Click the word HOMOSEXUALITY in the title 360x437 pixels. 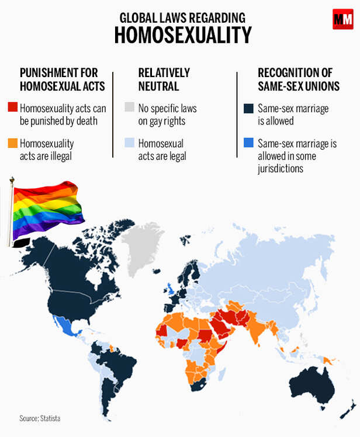pyautogui.click(x=182, y=35)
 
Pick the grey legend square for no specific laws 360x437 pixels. pyautogui.click(x=129, y=108)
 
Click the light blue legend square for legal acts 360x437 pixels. pyautogui.click(x=129, y=143)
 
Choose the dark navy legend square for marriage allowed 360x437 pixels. pyautogui.click(x=249, y=108)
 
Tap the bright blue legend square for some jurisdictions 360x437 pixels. pyautogui.click(x=249, y=143)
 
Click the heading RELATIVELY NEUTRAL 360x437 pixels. pyautogui.click(x=164, y=79)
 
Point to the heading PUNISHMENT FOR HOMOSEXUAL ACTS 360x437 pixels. pyautogui.click(x=63, y=79)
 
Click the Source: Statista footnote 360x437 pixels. pyautogui.click(x=40, y=418)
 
